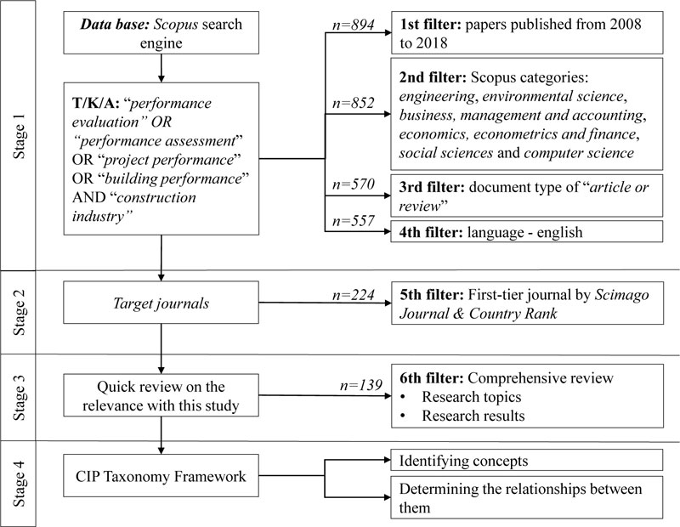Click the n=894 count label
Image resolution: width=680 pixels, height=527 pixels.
click(353, 25)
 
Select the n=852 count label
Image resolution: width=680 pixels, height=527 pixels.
click(353, 103)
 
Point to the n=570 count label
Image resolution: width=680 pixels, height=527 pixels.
click(353, 184)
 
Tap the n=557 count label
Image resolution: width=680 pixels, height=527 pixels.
click(353, 221)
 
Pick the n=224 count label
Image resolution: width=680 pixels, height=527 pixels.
click(353, 295)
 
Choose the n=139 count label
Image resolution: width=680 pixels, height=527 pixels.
click(360, 385)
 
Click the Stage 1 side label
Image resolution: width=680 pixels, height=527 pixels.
click(19, 137)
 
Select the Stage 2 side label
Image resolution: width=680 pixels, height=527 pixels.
click(19, 312)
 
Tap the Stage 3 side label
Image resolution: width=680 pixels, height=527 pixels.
click(19, 398)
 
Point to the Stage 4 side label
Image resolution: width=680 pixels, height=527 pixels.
click(19, 484)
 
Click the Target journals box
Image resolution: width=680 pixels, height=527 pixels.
click(161, 303)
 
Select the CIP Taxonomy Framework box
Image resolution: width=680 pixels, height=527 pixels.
click(161, 475)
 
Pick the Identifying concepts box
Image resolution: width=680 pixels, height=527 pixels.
click(527, 460)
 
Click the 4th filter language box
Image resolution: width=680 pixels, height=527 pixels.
click(527, 231)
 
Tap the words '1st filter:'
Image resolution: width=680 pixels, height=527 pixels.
click(430, 24)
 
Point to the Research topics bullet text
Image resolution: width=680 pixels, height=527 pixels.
click(472, 396)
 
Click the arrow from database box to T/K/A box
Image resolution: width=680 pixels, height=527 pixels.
click(161, 68)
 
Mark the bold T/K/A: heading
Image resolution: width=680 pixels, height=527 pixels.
click(95, 103)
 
